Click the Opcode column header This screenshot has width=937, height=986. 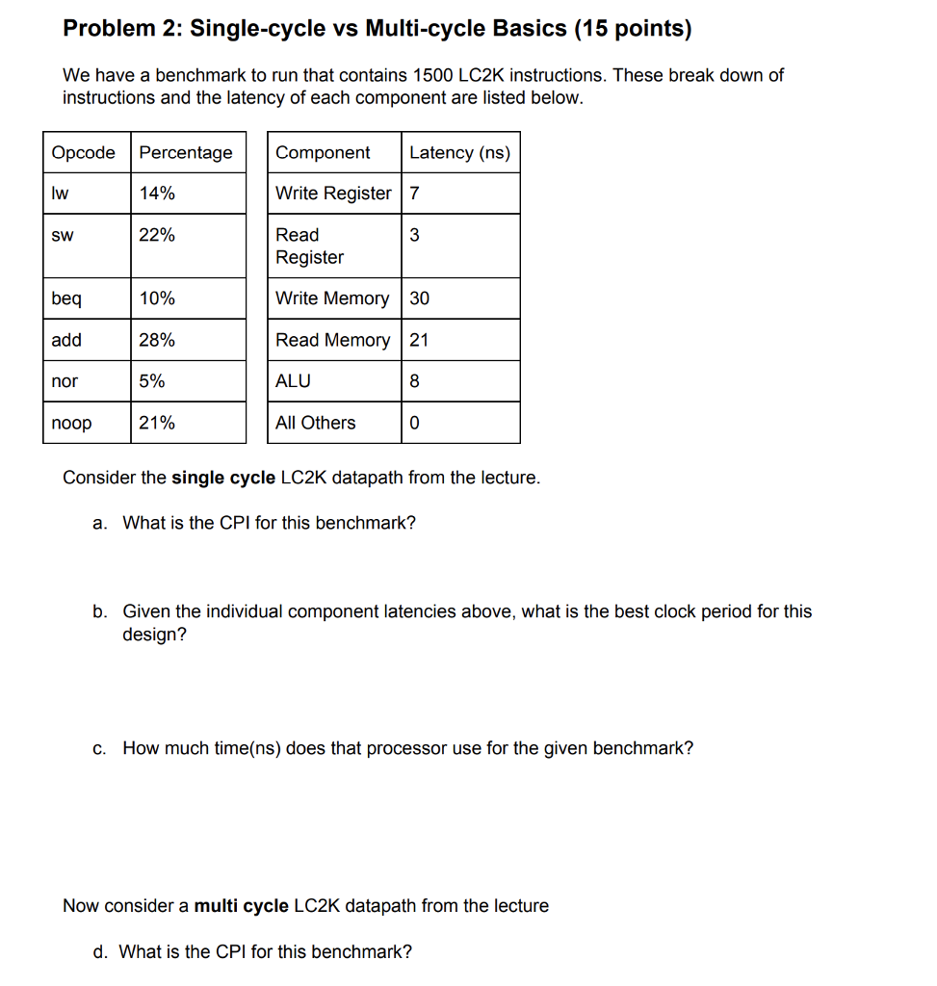tap(83, 152)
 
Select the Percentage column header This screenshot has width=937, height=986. tap(186, 152)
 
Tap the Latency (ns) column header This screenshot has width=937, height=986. tap(459, 152)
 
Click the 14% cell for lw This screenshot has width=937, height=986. tap(157, 193)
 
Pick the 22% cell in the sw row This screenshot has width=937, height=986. tap(157, 234)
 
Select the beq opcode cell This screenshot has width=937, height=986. tap(66, 298)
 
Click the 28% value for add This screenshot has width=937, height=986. tap(157, 340)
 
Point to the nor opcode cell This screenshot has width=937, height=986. tap(65, 381)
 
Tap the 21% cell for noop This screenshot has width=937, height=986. tap(157, 423)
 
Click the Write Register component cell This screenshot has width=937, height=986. tap(333, 193)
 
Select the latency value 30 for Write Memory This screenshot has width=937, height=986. tap(420, 298)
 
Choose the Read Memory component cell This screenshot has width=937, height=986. tap(332, 340)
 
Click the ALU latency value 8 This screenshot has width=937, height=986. tap(414, 381)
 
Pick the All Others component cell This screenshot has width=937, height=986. tap(315, 423)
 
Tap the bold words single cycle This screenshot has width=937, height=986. tap(223, 478)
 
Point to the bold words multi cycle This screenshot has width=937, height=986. tap(241, 906)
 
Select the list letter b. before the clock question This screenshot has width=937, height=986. tap(100, 611)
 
